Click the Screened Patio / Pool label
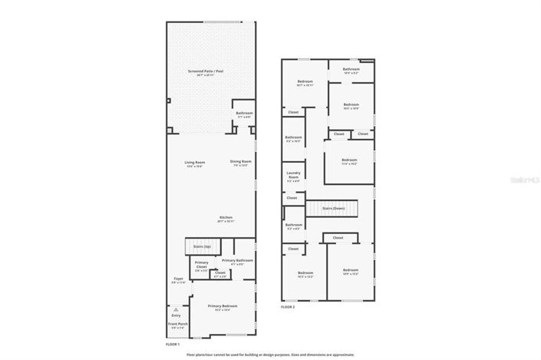click(x=206, y=71)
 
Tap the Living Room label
click(x=194, y=162)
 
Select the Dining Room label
click(x=241, y=161)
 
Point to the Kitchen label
click(x=226, y=217)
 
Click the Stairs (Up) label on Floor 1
click(x=203, y=246)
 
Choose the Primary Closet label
click(x=201, y=264)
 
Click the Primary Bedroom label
click(x=223, y=306)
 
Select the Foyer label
click(x=178, y=279)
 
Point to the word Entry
click(x=176, y=315)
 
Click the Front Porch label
click(x=176, y=324)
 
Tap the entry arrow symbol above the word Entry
click(x=176, y=309)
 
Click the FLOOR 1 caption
click(x=173, y=345)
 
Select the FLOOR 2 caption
click(x=287, y=306)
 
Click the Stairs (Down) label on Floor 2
click(x=333, y=208)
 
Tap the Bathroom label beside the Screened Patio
click(x=244, y=114)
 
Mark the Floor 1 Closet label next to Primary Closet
click(x=220, y=272)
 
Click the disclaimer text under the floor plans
click(x=270, y=355)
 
